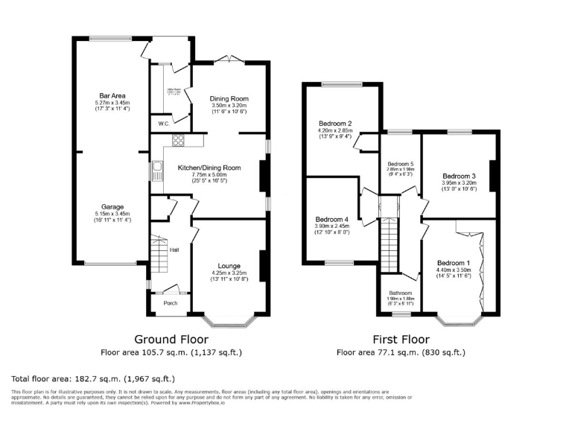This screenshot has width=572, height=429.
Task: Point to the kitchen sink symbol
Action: click(158, 171)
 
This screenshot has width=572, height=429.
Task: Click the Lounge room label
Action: click(229, 265)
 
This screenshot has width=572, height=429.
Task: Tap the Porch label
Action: click(171, 304)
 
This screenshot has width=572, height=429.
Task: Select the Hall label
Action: click(174, 250)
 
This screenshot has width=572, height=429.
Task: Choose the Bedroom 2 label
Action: click(334, 123)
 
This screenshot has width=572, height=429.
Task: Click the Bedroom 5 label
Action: click(401, 163)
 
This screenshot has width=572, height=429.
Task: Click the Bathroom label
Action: click(400, 293)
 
